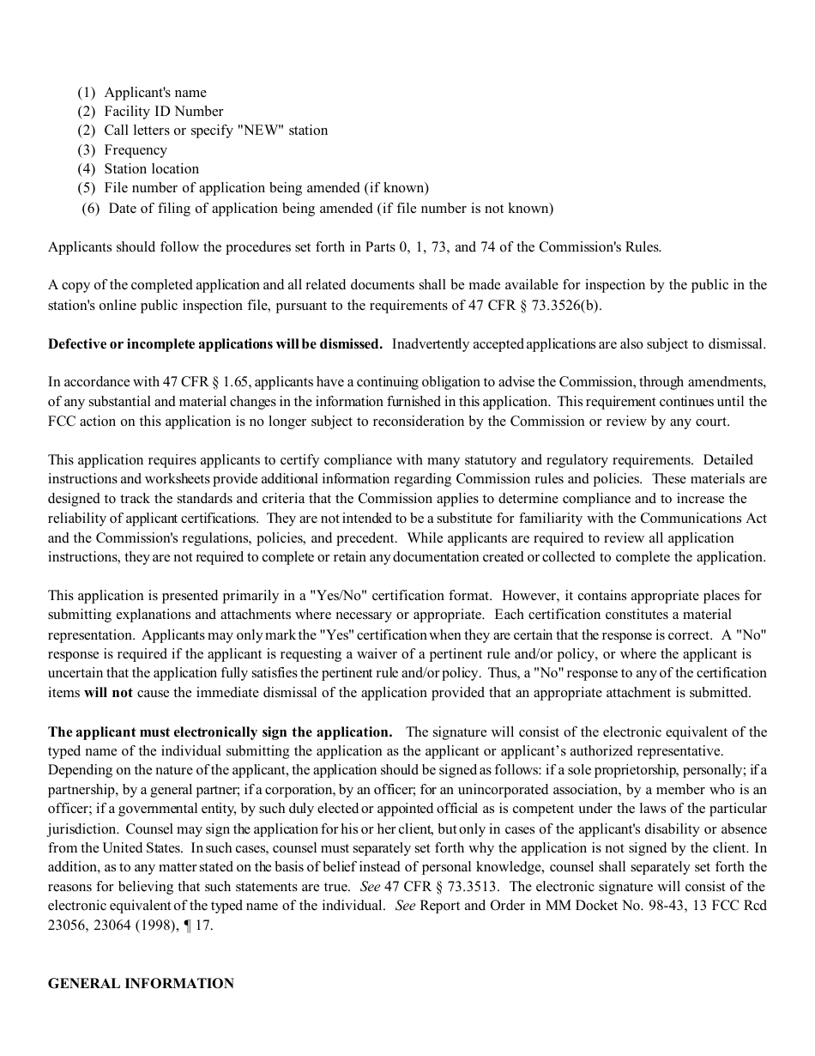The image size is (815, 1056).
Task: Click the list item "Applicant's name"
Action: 154,93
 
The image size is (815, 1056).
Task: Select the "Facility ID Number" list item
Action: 163,112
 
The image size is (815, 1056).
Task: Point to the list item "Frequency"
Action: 136,150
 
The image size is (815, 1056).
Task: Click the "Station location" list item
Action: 151,169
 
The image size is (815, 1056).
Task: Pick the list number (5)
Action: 87,188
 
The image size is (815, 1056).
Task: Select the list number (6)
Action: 91,209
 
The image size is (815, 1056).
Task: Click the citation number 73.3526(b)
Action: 566,305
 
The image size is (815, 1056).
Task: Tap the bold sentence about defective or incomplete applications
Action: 215,344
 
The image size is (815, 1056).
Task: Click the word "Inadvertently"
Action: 433,344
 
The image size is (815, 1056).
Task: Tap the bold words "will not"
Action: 108,693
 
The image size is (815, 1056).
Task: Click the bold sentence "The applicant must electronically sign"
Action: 220,732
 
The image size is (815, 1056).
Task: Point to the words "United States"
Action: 143,848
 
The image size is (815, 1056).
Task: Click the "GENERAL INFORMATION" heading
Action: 141,984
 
